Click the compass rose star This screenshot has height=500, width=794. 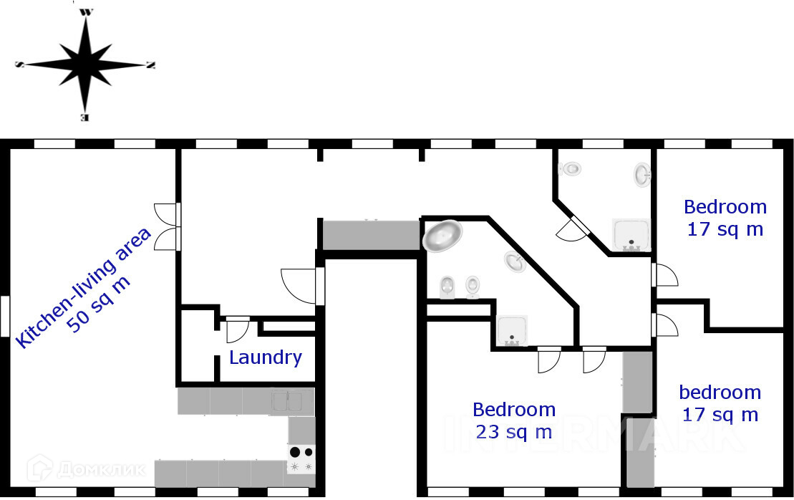(x=86, y=64)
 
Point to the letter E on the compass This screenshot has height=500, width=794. (x=85, y=117)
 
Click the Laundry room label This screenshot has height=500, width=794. (x=265, y=357)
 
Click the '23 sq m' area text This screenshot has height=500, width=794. (x=513, y=432)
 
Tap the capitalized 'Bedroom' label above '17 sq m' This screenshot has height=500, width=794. (x=725, y=207)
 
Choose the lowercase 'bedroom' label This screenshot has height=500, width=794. (x=720, y=393)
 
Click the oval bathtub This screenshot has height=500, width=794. (x=442, y=235)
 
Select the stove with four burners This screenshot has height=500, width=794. (x=301, y=459)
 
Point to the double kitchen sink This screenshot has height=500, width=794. (x=291, y=400)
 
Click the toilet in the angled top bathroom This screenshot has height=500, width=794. (x=572, y=169)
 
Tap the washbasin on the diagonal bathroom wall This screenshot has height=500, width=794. (x=515, y=263)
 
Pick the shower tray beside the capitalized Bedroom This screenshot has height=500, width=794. (x=631, y=234)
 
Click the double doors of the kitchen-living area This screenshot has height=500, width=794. (x=167, y=226)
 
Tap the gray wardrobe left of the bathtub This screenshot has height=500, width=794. (x=370, y=235)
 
